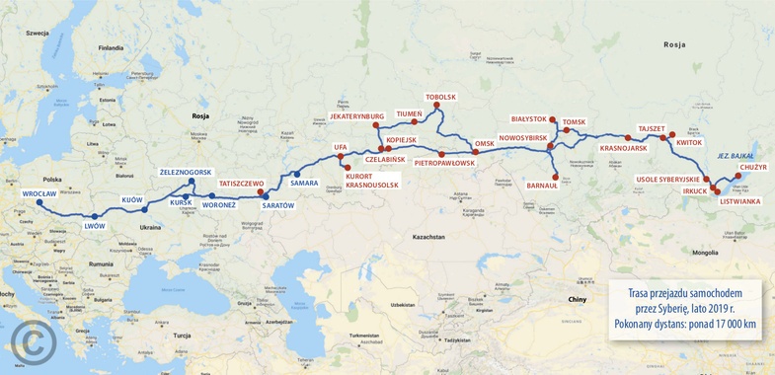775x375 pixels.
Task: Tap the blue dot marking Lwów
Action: [95, 216]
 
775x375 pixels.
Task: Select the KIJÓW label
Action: [131, 199]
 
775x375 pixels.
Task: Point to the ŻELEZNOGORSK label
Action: [186, 173]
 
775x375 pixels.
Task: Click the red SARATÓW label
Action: [278, 205]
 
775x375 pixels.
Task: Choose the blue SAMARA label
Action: [304, 184]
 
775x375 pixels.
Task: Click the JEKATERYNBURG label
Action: [356, 116]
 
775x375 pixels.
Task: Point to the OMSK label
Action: [484, 144]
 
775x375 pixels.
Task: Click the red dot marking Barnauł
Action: [556, 178]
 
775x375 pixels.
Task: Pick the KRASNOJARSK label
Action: [624, 148]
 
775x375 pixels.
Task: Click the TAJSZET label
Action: [652, 128]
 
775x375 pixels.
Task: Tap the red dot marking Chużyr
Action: [737, 176]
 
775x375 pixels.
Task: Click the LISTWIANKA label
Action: [740, 201]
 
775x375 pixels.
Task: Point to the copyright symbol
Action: [31, 342]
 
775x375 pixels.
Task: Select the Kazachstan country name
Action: [429, 238]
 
